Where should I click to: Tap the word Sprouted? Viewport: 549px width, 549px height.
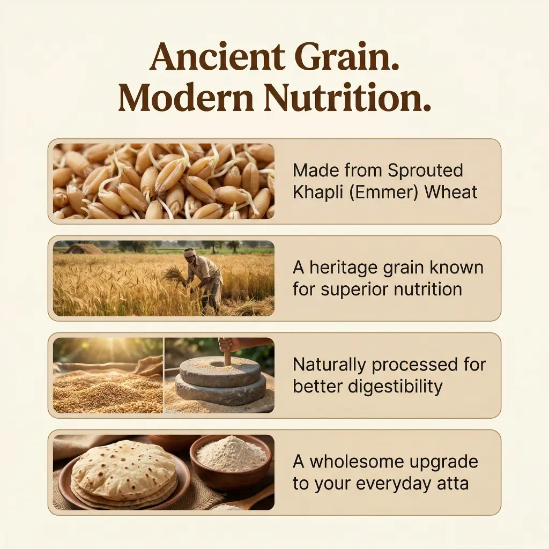click(425, 170)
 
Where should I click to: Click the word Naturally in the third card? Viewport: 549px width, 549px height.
click(330, 365)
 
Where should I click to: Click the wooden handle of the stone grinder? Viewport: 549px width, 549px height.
click(226, 351)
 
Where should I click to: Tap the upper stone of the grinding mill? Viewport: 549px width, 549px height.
click(220, 370)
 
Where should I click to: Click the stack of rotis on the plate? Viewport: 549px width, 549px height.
click(123, 469)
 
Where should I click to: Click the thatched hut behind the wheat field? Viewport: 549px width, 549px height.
click(79, 249)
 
